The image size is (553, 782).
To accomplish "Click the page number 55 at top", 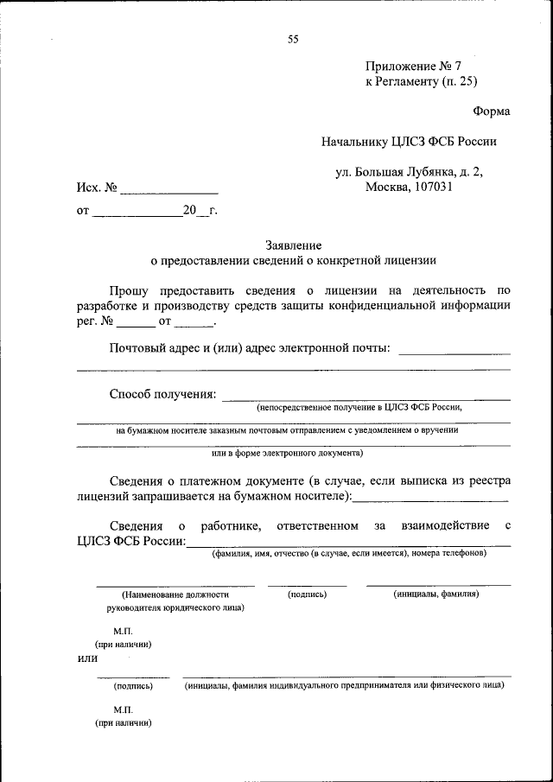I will tap(293, 39).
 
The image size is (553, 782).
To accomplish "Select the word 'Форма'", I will tap(491, 111).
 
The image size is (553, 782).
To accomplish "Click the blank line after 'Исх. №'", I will tap(168, 188).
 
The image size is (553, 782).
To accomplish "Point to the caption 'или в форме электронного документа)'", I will tap(287, 452).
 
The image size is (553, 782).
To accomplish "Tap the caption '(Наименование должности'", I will tap(176, 594).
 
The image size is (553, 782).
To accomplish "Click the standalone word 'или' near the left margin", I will tap(88, 659).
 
